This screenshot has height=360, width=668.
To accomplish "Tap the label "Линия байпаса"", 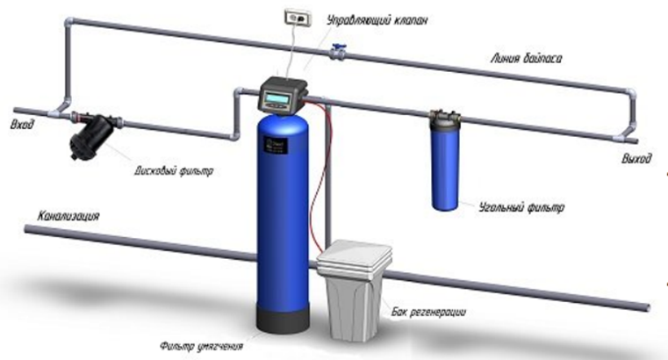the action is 527,59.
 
